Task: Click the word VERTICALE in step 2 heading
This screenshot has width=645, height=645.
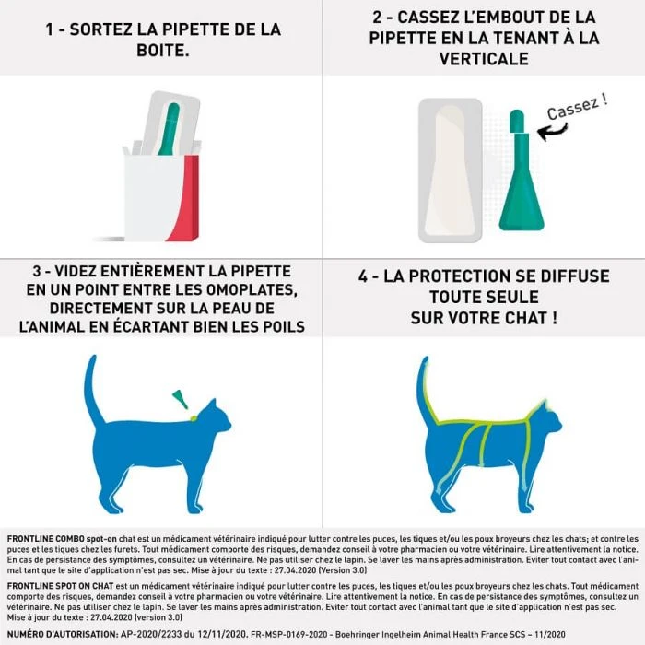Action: point(483,58)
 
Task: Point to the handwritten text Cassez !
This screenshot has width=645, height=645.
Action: point(577,107)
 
